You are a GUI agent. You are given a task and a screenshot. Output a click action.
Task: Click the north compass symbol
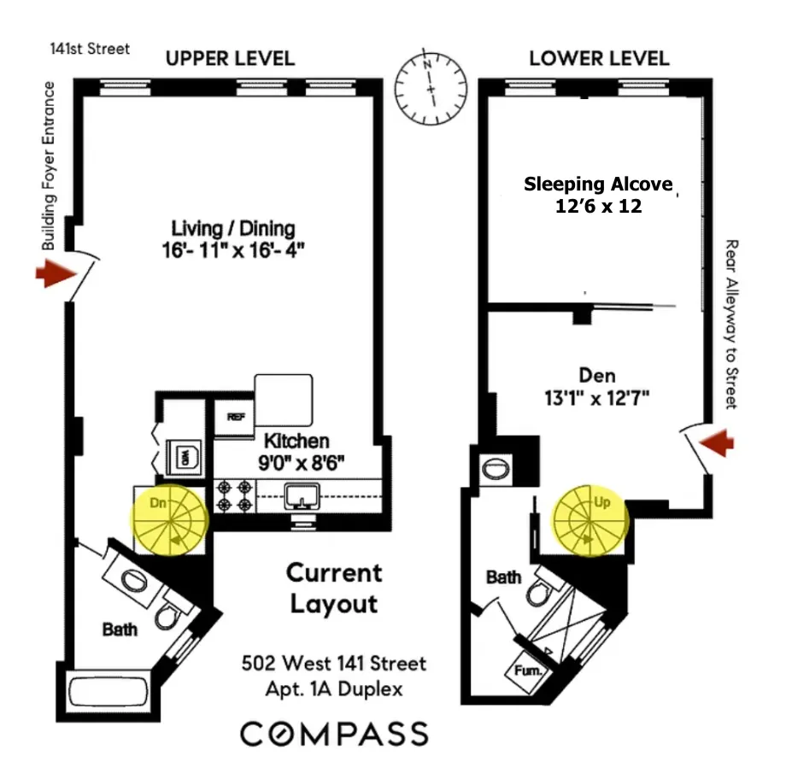[x=432, y=89]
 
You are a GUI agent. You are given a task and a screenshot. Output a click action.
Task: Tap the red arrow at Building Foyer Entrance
[x=52, y=274]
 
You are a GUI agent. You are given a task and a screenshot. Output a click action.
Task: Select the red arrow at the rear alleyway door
[x=717, y=442]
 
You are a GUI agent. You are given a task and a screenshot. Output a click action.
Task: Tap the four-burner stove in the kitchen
[x=235, y=495]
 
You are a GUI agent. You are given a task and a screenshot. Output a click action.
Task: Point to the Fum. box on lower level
[x=526, y=671]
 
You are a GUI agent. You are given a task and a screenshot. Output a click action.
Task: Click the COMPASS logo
[x=333, y=734]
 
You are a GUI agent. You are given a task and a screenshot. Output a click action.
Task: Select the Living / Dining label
[x=233, y=228]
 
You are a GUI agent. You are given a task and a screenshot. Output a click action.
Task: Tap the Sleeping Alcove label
[x=598, y=184]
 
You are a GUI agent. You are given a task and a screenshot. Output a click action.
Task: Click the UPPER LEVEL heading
[x=230, y=59]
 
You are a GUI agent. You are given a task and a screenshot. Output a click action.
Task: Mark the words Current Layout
[x=333, y=588]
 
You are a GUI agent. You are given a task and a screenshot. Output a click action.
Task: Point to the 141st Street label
[x=90, y=49]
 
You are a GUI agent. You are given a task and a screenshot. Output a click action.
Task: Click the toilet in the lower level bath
[x=542, y=591]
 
